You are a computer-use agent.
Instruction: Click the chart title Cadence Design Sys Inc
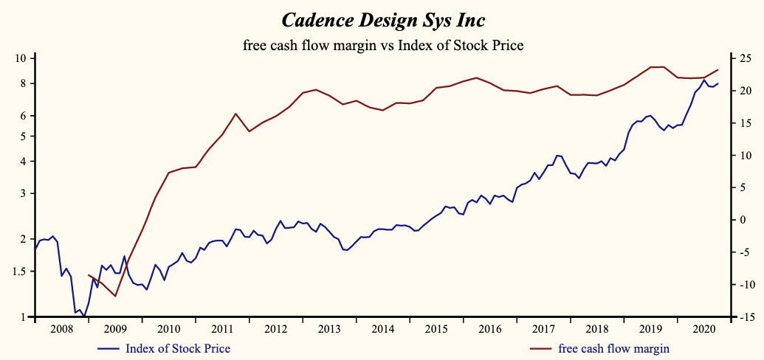point(382,18)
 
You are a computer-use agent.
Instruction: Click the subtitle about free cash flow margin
point(382,45)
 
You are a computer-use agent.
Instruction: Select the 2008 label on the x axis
point(62,329)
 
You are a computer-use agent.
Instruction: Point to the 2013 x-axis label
point(329,329)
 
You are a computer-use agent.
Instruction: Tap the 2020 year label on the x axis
point(703,329)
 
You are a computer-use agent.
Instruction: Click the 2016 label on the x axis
point(489,329)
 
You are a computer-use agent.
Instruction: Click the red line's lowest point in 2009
point(115,296)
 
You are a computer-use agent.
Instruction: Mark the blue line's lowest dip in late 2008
point(84,316)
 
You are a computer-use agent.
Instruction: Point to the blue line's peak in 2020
point(704,80)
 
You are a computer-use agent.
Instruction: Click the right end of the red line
point(717,70)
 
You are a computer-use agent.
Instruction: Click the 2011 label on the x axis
point(222,329)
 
